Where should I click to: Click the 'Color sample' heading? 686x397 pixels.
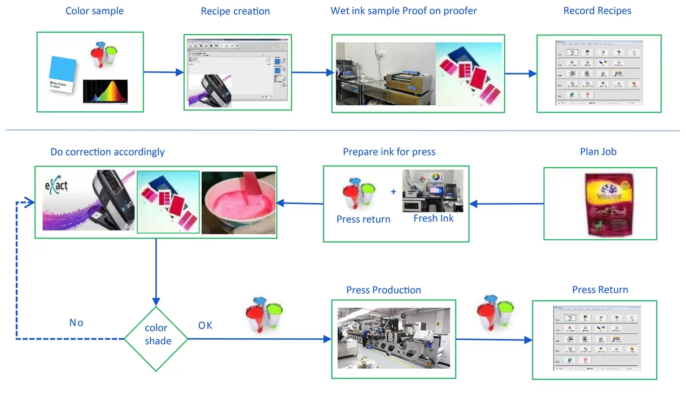94,11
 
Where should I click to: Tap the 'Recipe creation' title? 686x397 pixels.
235,11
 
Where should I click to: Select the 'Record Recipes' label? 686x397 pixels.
597,11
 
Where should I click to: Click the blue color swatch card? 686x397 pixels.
63,74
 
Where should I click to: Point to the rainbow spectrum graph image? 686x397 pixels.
105,91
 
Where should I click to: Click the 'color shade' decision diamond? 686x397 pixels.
156,338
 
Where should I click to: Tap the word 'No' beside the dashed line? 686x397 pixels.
76,322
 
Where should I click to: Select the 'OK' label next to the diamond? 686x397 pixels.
205,325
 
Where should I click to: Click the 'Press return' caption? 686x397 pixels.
363,219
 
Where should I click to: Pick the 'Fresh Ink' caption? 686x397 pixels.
433,218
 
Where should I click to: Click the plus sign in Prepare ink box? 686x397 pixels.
394,192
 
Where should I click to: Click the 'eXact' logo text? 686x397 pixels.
56,185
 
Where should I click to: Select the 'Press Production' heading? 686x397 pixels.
383,290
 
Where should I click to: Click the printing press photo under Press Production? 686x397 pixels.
394,338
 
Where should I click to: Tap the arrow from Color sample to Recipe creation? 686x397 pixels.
163,72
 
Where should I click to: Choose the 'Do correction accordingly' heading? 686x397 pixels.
107,152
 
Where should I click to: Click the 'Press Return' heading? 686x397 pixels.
600,290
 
